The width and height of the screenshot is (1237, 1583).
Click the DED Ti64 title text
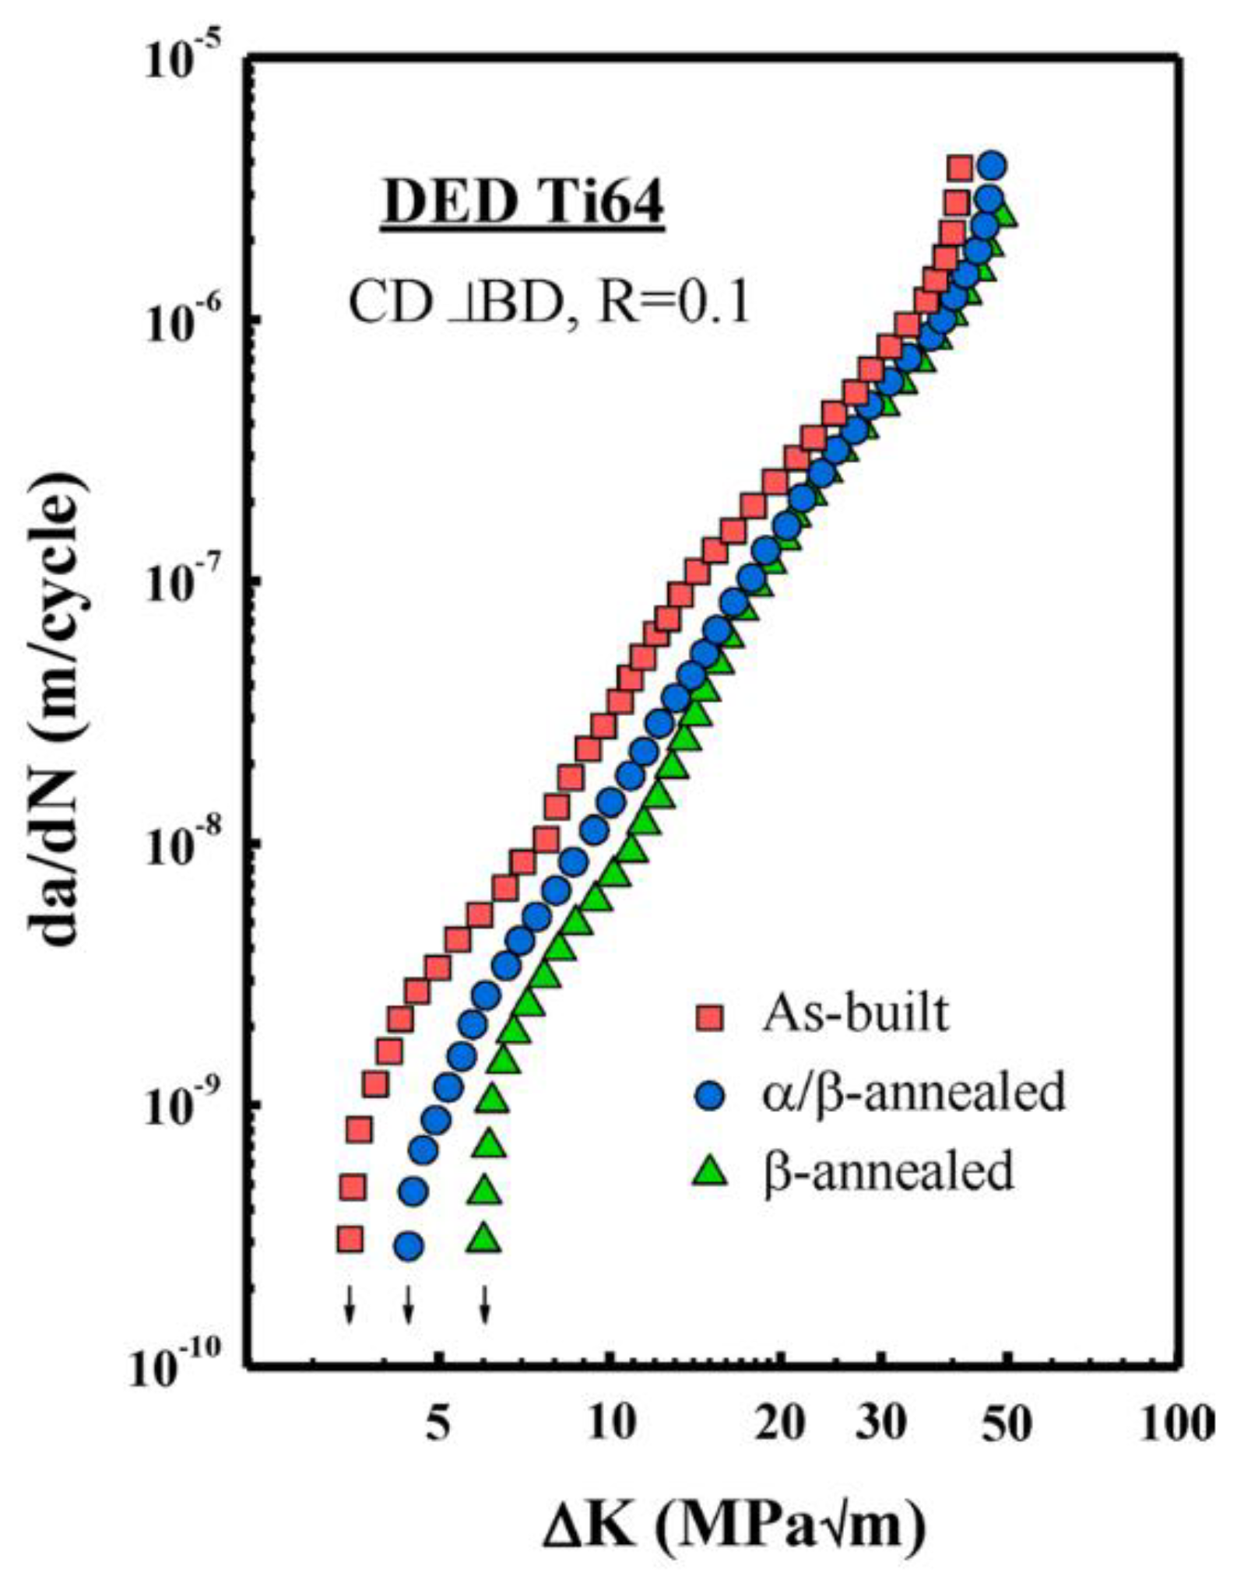click(522, 205)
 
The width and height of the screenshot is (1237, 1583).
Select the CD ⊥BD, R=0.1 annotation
click(548, 304)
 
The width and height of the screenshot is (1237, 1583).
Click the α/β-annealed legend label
click(913, 1091)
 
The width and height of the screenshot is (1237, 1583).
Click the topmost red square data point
click(959, 167)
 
